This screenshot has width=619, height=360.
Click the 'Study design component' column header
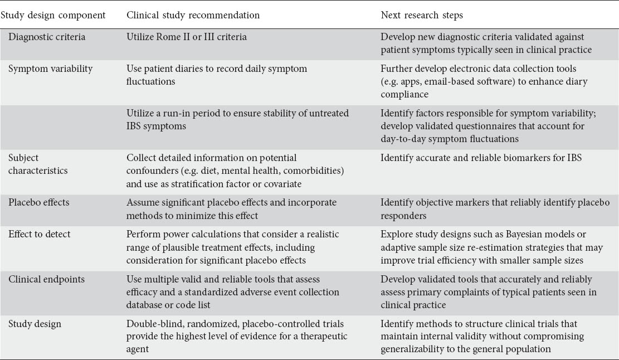(53, 16)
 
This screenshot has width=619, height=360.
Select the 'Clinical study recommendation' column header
(193, 16)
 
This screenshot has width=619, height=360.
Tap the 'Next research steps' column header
(422, 16)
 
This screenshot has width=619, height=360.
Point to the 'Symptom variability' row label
(50, 69)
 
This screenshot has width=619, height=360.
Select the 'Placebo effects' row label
(39, 202)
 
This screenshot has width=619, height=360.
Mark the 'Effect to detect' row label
(40, 234)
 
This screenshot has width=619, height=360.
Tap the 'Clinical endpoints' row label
(45, 279)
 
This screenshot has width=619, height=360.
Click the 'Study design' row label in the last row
(35, 324)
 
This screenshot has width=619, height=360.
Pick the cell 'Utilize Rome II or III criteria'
(186, 37)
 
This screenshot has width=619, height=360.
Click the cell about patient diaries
(217, 75)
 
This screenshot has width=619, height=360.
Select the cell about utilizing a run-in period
(237, 120)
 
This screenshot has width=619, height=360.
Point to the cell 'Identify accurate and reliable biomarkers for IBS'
(481, 158)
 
